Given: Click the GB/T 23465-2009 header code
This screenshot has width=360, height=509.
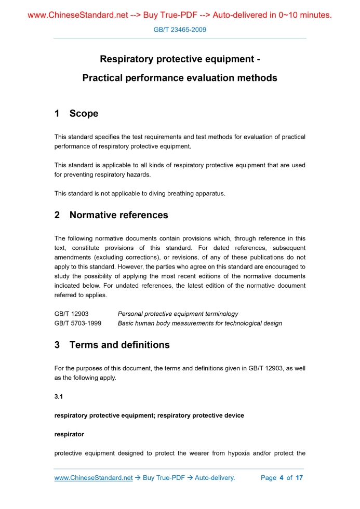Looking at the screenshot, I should click(180, 30).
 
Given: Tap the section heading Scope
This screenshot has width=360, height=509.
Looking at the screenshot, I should click(84, 114).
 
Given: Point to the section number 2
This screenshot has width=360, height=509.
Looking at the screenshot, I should click(57, 215).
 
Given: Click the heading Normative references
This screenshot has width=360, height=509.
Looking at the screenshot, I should click(118, 215).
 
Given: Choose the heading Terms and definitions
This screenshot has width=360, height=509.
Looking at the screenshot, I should click(119, 345).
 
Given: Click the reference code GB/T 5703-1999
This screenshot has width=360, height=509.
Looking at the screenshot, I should click(78, 323).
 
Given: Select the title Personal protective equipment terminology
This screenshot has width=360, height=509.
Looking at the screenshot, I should click(178, 314).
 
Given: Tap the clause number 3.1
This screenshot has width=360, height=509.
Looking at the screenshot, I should click(59, 397).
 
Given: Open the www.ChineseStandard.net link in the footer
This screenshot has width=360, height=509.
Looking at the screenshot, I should click(94, 478).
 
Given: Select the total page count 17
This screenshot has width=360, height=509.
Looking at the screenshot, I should click(299, 478).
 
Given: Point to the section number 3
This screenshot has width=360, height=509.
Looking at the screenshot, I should click(57, 345).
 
